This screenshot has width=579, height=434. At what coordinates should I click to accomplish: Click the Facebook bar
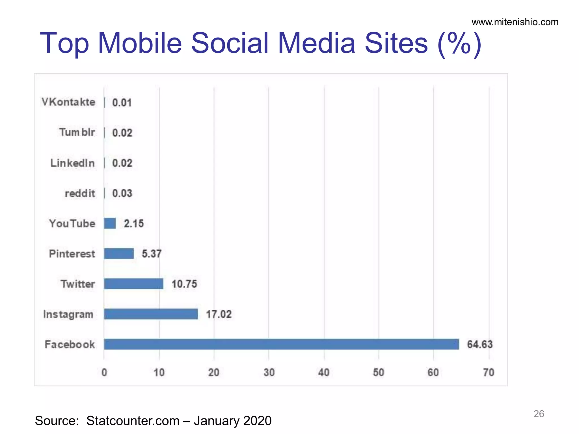(x=281, y=344)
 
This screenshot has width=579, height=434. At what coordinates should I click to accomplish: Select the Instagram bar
(x=151, y=314)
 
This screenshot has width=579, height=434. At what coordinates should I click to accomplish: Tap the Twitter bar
(x=133, y=284)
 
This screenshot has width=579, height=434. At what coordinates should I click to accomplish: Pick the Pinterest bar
(x=119, y=253)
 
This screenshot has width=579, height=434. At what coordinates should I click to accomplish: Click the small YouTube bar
(x=110, y=223)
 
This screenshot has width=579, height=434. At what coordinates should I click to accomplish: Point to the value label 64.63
(x=480, y=344)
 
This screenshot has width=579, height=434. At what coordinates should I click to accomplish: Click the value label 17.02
(x=219, y=314)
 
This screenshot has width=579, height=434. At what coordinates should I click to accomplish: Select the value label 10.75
(x=184, y=284)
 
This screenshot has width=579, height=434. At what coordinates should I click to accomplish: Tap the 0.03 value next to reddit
(x=122, y=193)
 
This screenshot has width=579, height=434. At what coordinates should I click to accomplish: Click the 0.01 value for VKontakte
(x=122, y=103)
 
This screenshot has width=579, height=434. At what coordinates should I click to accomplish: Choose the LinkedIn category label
(x=72, y=163)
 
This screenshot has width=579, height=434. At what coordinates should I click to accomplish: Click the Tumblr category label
(x=77, y=132)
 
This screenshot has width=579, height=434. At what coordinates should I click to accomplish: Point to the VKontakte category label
(x=68, y=102)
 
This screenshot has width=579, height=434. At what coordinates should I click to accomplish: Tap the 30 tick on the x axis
(x=269, y=372)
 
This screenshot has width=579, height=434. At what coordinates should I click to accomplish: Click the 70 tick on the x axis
(x=489, y=372)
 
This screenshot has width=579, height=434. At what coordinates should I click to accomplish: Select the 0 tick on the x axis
(x=104, y=372)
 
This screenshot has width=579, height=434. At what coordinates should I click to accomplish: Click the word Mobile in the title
(x=140, y=43)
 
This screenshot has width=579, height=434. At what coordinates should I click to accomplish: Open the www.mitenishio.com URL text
(x=515, y=22)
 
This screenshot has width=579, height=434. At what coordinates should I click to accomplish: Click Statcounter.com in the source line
(x=133, y=421)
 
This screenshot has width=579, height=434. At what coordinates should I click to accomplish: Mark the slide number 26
(x=539, y=414)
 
